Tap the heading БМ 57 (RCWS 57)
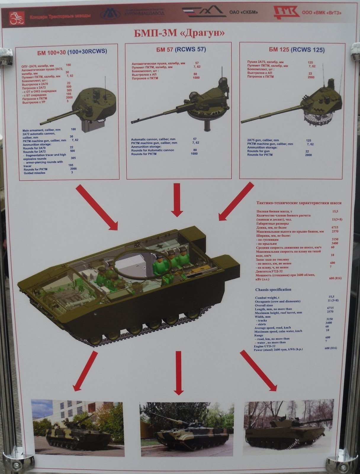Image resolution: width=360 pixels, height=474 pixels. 181,49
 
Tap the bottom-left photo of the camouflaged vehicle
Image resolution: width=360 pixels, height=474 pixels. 77,427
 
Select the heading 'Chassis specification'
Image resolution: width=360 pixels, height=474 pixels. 273,289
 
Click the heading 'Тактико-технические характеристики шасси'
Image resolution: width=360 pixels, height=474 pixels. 299,203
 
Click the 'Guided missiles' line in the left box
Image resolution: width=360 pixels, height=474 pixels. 35,173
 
